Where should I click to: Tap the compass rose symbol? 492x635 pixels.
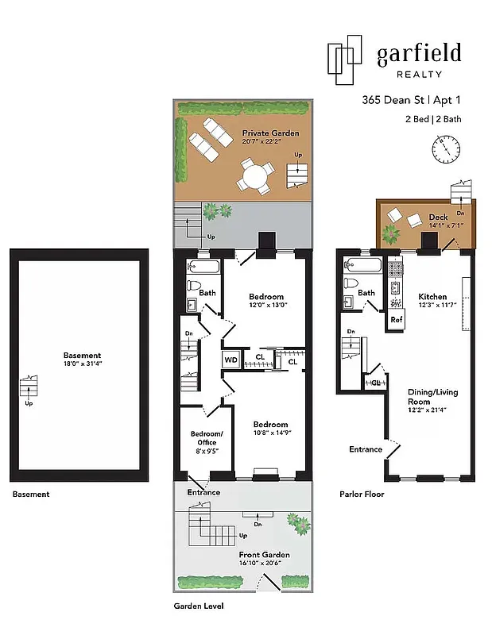[x=446, y=147]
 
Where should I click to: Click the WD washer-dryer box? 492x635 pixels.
[x=231, y=360]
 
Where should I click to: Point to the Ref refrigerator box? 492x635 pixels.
[x=396, y=319]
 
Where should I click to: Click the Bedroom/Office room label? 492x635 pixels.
[x=206, y=437]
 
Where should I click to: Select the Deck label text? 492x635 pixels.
[x=438, y=217]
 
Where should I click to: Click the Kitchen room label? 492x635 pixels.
[x=432, y=296]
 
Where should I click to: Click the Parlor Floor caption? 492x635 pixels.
[x=362, y=494]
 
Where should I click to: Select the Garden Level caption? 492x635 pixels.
[x=199, y=605]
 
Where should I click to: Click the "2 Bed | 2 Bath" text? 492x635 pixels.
[x=432, y=119]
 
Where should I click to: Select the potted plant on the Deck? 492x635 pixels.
[x=391, y=235]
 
